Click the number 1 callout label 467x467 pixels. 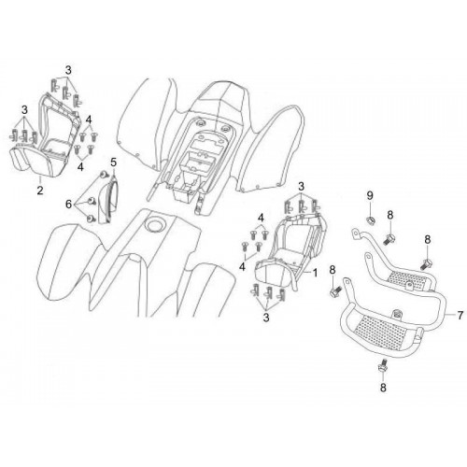[x=315, y=273]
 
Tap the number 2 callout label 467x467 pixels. [x=40, y=190]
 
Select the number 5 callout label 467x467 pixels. [x=113, y=163]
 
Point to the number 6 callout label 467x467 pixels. [x=68, y=205]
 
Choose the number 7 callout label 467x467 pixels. [x=460, y=316]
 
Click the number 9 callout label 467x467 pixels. [x=370, y=196]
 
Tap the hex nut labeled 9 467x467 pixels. [x=370, y=220]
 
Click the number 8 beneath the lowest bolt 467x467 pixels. [x=383, y=388]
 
